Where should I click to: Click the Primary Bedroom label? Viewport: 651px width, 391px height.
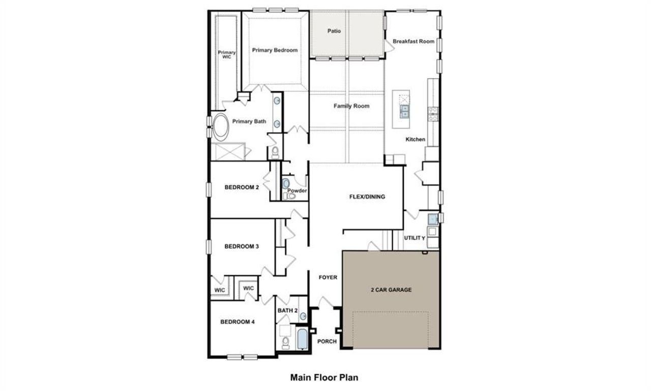tap(275, 50)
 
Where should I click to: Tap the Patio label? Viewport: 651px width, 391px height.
tap(334, 31)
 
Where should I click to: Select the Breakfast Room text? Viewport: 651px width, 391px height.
tap(413, 41)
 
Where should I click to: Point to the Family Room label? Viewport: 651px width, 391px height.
tap(351, 106)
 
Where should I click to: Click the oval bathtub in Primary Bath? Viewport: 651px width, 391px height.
tap(221, 127)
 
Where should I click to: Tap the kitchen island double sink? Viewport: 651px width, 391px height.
tap(404, 111)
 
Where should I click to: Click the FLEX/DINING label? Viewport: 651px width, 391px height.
tap(367, 197)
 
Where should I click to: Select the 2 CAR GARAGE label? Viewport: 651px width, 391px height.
tap(391, 290)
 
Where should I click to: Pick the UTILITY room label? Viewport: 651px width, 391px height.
tap(415, 238)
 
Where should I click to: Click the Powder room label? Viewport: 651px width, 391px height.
tap(297, 191)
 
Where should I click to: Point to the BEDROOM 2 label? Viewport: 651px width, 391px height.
tap(242, 187)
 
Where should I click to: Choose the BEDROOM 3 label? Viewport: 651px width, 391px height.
tap(242, 247)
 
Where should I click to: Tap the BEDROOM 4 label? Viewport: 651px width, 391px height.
tap(237, 321)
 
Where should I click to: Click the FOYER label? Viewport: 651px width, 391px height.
tap(328, 277)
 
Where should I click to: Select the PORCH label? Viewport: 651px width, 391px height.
tap(327, 341)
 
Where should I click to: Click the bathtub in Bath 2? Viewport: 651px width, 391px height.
tap(302, 339)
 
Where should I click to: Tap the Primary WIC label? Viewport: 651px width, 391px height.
tap(227, 55)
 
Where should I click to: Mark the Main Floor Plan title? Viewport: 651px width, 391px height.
tap(324, 377)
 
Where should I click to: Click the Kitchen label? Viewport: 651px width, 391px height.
tap(415, 139)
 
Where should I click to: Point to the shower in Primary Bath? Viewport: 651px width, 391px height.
tap(229, 152)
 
